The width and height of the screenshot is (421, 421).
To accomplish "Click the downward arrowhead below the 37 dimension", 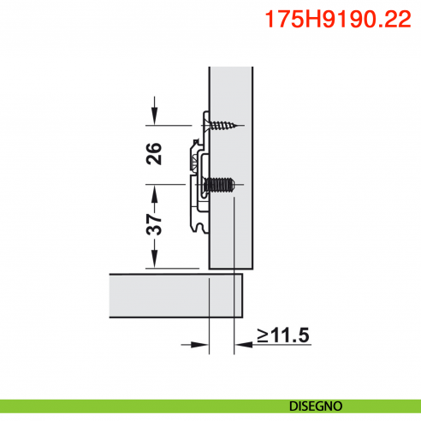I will click(x=154, y=260).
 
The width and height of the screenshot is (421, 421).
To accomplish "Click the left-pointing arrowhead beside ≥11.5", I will click(x=241, y=346).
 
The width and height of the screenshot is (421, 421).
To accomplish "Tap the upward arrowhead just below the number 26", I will click(x=154, y=181).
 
